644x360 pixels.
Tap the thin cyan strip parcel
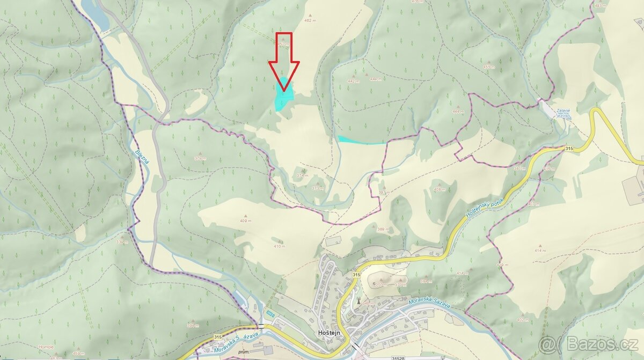[x=360, y=141]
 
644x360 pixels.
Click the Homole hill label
[x=46, y=347]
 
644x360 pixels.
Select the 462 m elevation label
[x=309, y=20]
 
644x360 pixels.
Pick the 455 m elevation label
[x=488, y=67]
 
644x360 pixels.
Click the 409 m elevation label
[x=246, y=221]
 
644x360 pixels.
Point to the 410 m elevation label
[x=279, y=246]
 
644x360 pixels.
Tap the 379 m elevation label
[x=200, y=158]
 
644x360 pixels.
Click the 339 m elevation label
[x=121, y=242]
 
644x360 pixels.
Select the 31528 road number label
[x=398, y=357]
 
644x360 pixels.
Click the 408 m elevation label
[x=440, y=189]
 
